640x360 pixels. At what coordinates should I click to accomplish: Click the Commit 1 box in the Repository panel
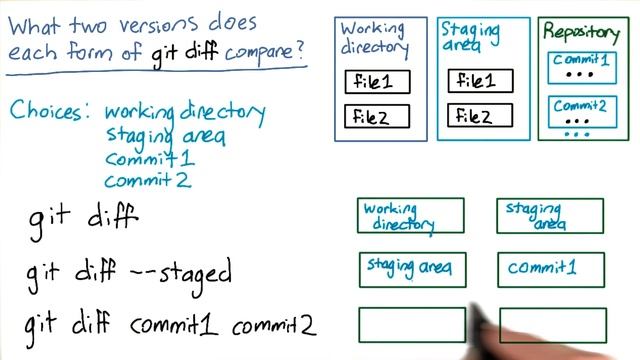580,67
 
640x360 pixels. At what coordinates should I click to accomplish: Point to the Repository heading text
580,31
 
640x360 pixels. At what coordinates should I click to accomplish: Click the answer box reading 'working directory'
410,216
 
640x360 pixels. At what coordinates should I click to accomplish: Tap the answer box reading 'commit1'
550,269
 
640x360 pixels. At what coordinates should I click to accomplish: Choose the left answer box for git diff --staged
410,269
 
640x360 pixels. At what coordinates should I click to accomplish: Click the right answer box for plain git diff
550,216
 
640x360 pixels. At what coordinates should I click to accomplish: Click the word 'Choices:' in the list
51,111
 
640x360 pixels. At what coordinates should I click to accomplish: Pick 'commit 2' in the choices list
147,180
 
